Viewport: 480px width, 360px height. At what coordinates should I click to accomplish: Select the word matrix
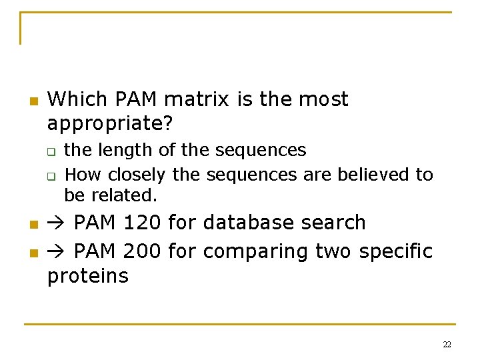click(195, 99)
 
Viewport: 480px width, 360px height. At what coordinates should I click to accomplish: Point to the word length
click(128, 150)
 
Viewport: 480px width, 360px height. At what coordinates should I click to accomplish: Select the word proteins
click(87, 276)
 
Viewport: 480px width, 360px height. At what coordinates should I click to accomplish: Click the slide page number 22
click(447, 345)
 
